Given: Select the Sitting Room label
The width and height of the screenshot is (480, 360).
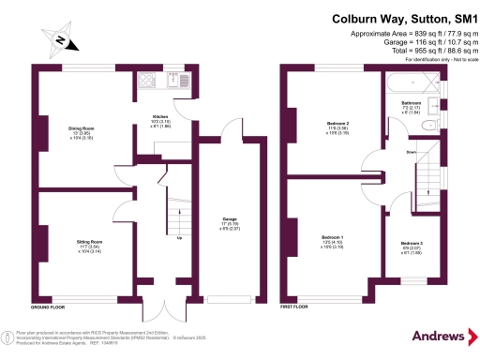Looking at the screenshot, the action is pyautogui.click(x=90, y=241).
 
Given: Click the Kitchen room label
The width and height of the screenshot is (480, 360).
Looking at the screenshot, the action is pyautogui.click(x=161, y=117).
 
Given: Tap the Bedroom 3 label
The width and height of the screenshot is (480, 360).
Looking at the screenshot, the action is pyautogui.click(x=412, y=243).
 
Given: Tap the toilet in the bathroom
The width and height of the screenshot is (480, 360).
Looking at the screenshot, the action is pyautogui.click(x=427, y=124).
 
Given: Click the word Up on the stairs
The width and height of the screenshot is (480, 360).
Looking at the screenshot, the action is pyautogui.click(x=179, y=235).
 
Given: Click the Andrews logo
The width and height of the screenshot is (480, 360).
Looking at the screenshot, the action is pyautogui.click(x=438, y=335).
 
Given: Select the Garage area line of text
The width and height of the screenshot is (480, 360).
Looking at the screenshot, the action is pyautogui.click(x=414, y=43).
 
